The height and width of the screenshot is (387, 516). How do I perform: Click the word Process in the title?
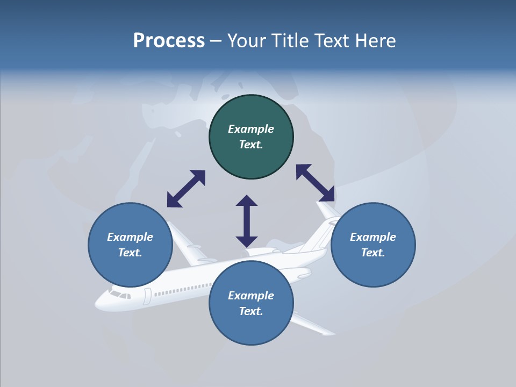[x=169, y=41]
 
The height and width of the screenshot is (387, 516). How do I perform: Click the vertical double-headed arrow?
[x=247, y=221]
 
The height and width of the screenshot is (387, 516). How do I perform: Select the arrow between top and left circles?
[x=186, y=189]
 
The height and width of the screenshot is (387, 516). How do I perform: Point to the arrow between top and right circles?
[x=315, y=183]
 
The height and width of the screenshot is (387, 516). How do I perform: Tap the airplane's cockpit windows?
[x=120, y=295]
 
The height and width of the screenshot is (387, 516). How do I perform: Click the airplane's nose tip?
[x=97, y=304]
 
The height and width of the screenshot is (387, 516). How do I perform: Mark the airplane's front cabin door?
[x=147, y=296]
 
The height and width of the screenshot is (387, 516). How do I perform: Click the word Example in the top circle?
[x=251, y=129]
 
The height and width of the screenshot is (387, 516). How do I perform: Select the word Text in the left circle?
[x=130, y=253]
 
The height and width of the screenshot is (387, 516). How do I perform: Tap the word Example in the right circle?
[x=373, y=237]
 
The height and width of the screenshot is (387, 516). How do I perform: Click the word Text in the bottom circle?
[x=251, y=311]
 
